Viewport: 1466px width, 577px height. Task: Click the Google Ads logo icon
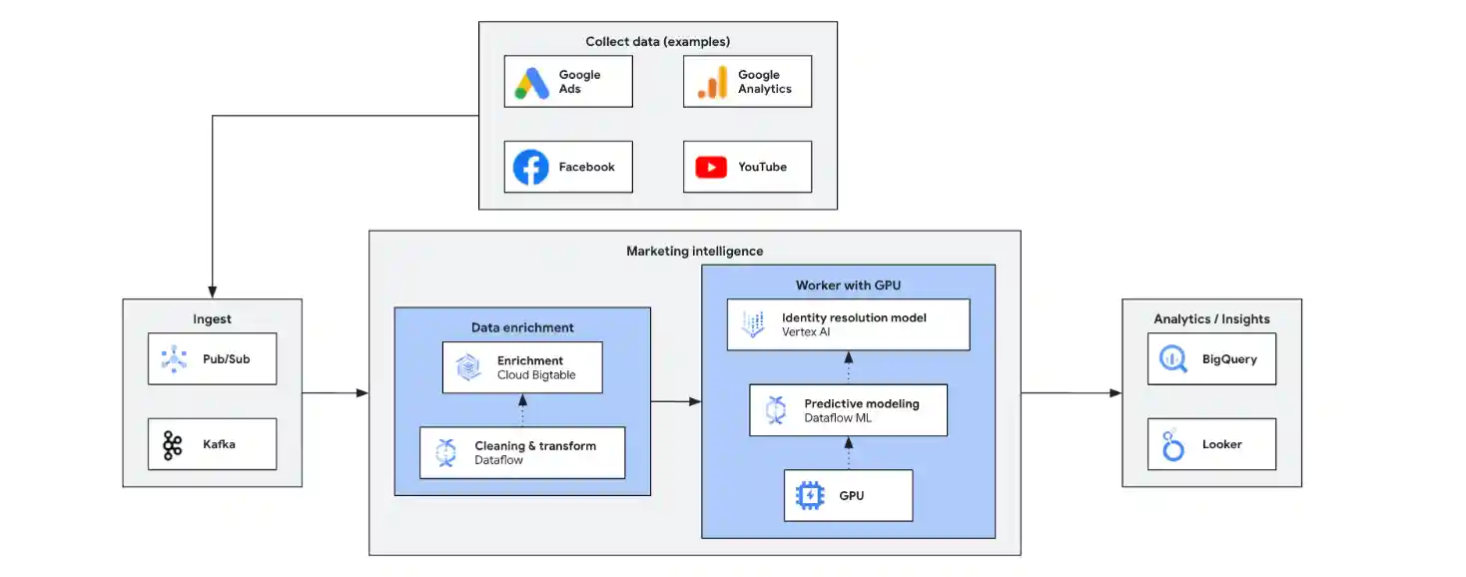[x=532, y=82]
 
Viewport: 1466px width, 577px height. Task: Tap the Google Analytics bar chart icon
[x=712, y=82]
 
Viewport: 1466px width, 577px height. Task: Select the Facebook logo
[x=531, y=167]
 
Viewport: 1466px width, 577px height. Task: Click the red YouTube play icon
[x=711, y=167]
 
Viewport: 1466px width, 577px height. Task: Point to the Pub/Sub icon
[x=174, y=358]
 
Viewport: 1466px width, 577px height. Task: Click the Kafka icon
[x=173, y=444]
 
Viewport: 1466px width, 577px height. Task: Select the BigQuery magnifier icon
[x=1172, y=358]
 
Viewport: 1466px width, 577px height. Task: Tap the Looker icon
[x=1172, y=445]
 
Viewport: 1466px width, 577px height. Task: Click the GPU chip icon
[x=810, y=495]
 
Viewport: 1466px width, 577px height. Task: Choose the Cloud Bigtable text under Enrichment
[x=536, y=375]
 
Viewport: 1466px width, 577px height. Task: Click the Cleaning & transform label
[x=534, y=446]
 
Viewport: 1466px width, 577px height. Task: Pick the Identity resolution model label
[x=854, y=317]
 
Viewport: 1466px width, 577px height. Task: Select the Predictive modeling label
[x=862, y=403]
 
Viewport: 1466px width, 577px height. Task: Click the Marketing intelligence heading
[x=694, y=251]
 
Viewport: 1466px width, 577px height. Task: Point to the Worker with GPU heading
[x=848, y=285]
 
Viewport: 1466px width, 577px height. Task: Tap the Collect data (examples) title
[x=657, y=41]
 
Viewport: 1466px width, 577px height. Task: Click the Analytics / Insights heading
[x=1211, y=318]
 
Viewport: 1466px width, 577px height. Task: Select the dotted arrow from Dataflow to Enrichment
[x=522, y=410]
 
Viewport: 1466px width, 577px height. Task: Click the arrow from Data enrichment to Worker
[x=676, y=401]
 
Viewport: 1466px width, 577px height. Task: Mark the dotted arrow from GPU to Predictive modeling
[x=849, y=452]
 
